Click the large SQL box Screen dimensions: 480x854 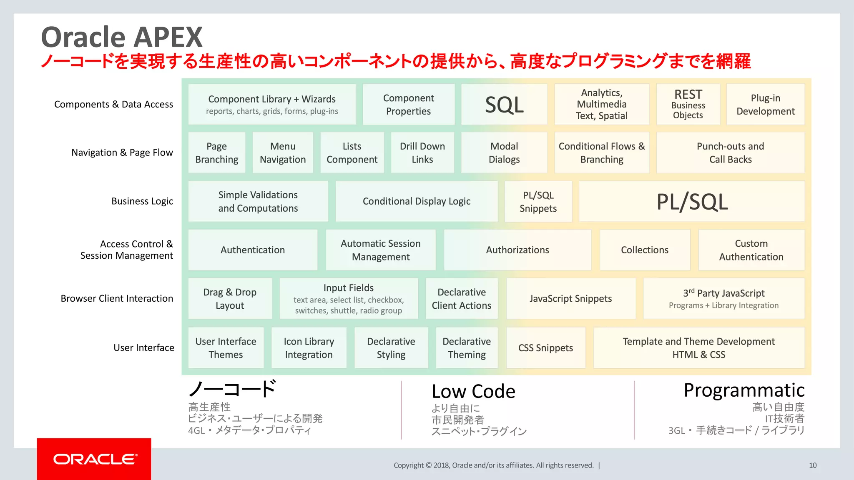point(504,105)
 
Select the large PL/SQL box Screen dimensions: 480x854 point(692,202)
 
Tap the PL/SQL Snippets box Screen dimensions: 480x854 point(538,202)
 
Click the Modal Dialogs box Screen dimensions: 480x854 point(504,153)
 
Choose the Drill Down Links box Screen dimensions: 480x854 point(422,153)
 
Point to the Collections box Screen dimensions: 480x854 point(645,250)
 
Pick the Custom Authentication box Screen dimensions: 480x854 point(751,250)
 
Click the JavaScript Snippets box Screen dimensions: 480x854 point(570,299)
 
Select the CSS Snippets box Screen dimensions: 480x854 point(545,348)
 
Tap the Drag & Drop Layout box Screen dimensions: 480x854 point(230,299)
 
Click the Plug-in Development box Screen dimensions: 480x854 point(766,105)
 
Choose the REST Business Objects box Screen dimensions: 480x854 point(688,105)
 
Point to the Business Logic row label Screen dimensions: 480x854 point(142,201)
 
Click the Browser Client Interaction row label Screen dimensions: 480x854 point(117,298)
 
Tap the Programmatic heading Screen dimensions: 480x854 point(744,390)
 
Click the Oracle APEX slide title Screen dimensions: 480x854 point(122,37)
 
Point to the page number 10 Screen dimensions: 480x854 point(813,465)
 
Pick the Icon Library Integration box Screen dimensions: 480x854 point(309,348)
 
